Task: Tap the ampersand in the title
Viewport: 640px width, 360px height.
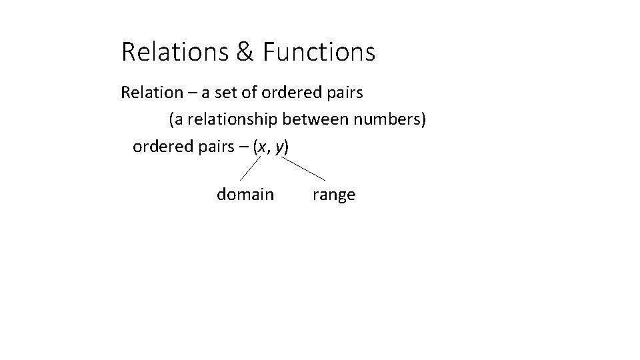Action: [x=243, y=52]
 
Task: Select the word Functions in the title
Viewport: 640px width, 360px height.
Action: [x=319, y=52]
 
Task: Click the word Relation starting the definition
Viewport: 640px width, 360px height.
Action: [x=149, y=93]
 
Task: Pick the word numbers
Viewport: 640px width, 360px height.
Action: [x=390, y=120]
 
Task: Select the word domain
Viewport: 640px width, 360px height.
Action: [x=245, y=195]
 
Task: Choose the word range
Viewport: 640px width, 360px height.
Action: [x=333, y=195]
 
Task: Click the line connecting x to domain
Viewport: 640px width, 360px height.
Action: [x=250, y=168]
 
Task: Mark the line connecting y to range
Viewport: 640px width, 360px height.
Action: [x=304, y=169]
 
